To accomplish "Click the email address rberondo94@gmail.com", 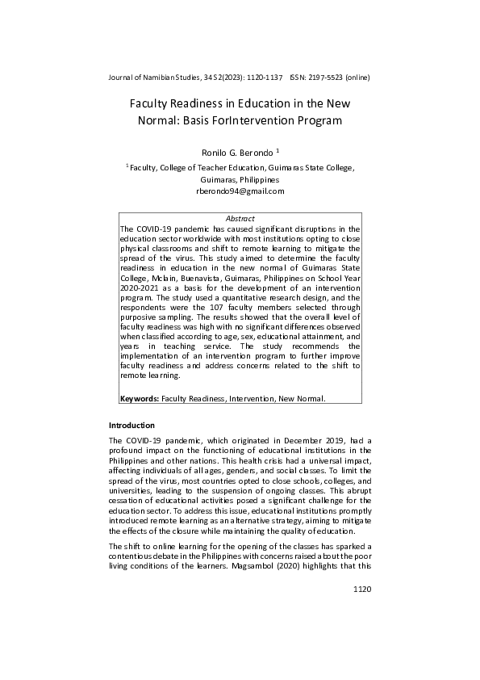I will click(x=240, y=191).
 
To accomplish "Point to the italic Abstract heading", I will click(x=240, y=219).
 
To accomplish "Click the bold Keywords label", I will click(x=140, y=398).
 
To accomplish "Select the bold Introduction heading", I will click(x=131, y=426).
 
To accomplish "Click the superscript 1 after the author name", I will click(x=278, y=149).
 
